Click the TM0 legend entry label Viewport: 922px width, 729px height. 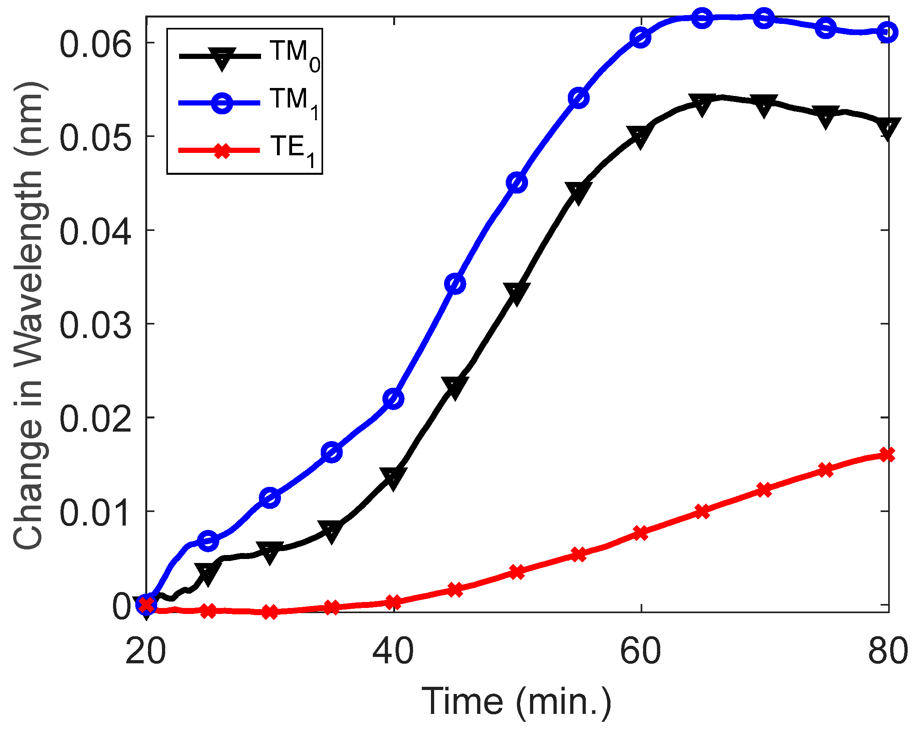tap(294, 55)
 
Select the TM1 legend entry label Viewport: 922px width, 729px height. tap(294, 102)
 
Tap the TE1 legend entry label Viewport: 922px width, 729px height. tap(293, 150)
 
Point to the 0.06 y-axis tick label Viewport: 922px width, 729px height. tap(95, 45)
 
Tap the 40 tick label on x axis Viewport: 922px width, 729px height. tap(393, 651)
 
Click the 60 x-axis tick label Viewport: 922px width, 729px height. tap(640, 651)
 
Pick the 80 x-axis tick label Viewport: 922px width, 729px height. tap(888, 651)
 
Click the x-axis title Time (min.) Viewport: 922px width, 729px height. tap(517, 701)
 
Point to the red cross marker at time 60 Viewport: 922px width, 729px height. tap(640, 533)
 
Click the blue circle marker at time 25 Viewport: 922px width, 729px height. tap(208, 541)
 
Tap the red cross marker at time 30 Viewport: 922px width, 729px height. tap(270, 612)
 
